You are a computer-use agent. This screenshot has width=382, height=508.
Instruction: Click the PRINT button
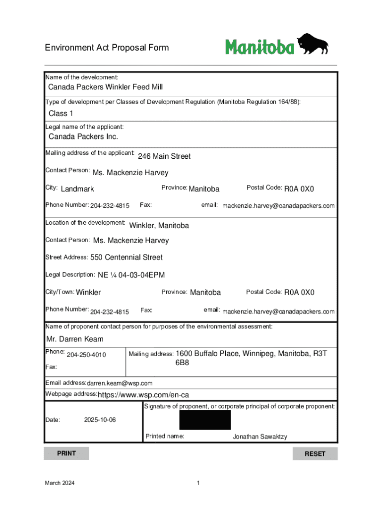pyautogui.click(x=66, y=453)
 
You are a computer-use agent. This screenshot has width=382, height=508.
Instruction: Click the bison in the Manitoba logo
pyautogui.click(x=313, y=44)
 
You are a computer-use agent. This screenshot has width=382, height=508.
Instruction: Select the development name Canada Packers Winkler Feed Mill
pyautogui.click(x=105, y=87)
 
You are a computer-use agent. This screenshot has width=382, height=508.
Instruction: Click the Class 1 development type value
pyautogui.click(x=57, y=114)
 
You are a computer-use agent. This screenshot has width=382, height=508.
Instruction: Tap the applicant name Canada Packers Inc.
pyautogui.click(x=83, y=137)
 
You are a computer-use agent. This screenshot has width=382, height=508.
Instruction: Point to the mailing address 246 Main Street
pyautogui.click(x=164, y=157)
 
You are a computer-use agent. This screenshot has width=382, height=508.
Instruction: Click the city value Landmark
pyautogui.click(x=77, y=189)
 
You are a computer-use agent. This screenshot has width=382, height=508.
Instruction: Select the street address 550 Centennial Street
pyautogui.click(x=127, y=257)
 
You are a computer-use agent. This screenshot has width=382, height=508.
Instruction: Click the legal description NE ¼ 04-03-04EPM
pyautogui.click(x=131, y=275)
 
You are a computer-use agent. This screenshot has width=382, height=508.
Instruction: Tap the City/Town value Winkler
pyautogui.click(x=88, y=292)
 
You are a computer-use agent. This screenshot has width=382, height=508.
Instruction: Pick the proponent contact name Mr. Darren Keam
pyautogui.click(x=75, y=339)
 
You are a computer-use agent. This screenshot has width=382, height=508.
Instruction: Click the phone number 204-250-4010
pyautogui.click(x=86, y=355)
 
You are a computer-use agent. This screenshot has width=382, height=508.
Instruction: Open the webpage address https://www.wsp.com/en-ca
pyautogui.click(x=143, y=395)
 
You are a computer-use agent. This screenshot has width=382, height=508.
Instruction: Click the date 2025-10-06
pyautogui.click(x=100, y=420)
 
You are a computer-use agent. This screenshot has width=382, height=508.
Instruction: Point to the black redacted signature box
pyautogui.click(x=205, y=420)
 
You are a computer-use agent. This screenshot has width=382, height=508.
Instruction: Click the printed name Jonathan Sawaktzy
pyautogui.click(x=260, y=437)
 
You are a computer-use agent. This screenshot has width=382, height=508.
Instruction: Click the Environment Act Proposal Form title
pyautogui.click(x=107, y=48)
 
